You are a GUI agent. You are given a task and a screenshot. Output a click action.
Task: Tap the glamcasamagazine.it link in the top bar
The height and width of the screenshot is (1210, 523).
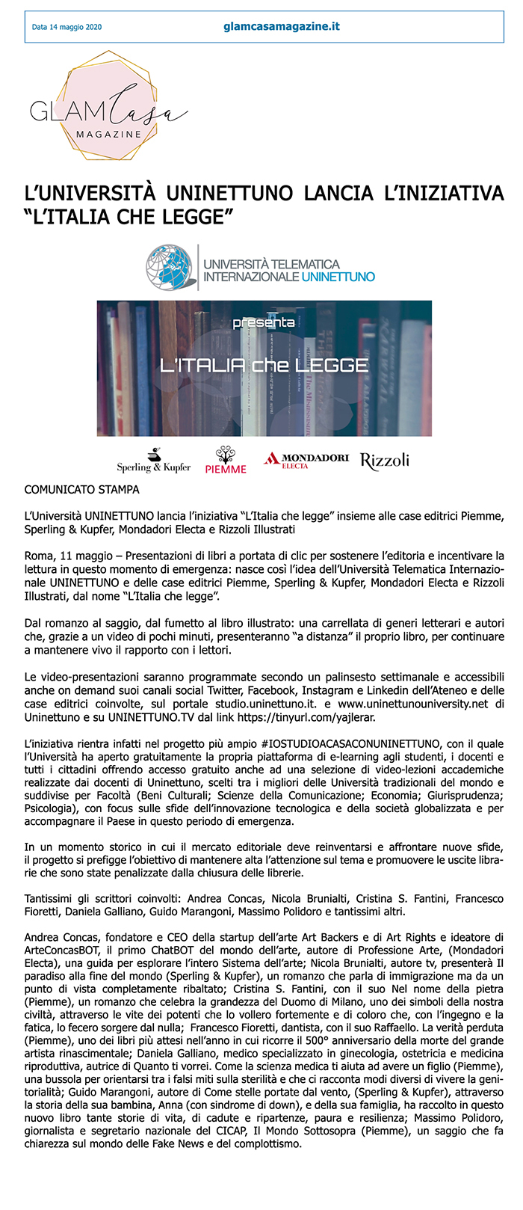282,26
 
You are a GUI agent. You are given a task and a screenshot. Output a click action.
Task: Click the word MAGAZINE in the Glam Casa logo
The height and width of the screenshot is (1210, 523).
108,134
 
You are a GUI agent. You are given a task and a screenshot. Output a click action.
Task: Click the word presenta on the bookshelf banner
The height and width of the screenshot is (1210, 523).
263,323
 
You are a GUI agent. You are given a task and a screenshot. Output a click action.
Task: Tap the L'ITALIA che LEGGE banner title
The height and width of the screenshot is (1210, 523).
264,365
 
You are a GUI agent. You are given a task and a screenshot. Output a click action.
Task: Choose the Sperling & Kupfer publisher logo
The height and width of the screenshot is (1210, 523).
154,461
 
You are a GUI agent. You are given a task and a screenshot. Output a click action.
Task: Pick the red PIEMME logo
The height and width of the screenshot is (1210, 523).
226,461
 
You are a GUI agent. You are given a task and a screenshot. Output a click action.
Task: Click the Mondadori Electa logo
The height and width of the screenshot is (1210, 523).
306,460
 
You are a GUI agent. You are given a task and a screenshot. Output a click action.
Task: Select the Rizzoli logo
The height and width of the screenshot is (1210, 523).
385,461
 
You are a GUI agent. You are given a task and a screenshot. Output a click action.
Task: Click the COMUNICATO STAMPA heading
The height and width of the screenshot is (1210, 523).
82,490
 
